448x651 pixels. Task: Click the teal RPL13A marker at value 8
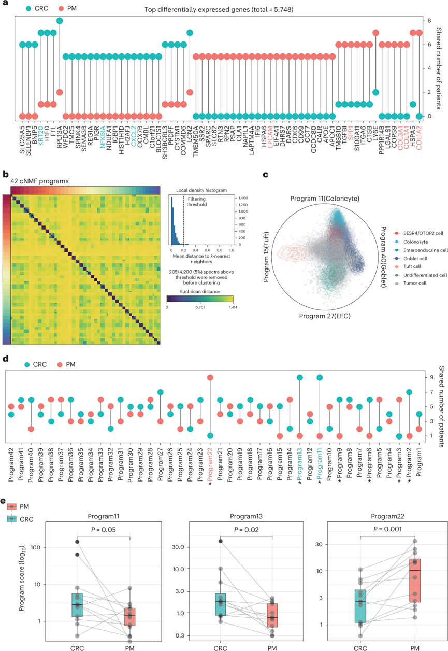[x=60, y=21]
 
